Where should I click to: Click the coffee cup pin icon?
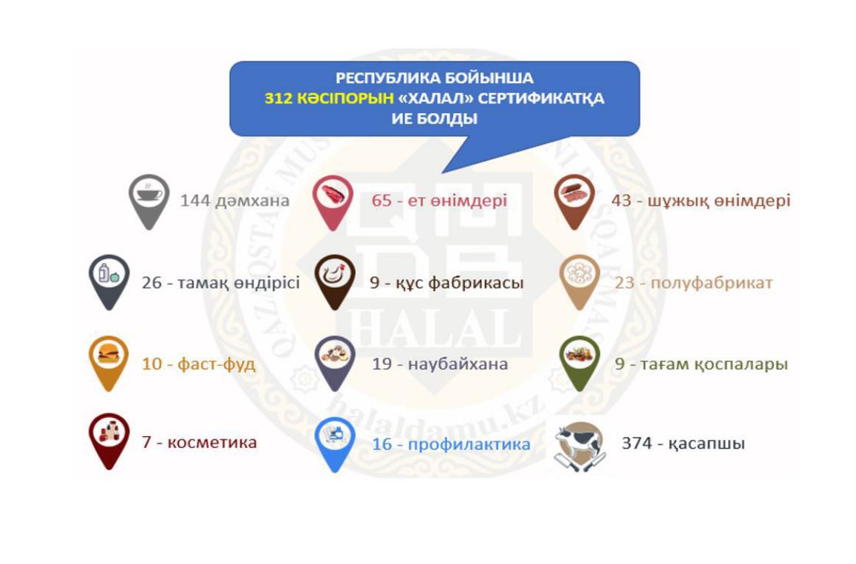(x=149, y=200)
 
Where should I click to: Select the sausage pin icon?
(x=574, y=200)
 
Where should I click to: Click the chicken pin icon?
(x=335, y=281)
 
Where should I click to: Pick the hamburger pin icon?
(x=109, y=362)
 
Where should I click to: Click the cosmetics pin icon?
(x=109, y=441)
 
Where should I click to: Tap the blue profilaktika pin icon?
(x=335, y=444)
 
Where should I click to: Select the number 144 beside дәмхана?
(x=195, y=200)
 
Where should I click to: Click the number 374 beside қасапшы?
(x=637, y=443)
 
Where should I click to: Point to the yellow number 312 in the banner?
(x=279, y=98)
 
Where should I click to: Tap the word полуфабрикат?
(x=711, y=283)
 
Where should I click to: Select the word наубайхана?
(x=457, y=364)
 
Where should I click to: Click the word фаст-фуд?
(x=216, y=364)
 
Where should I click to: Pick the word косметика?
(x=212, y=442)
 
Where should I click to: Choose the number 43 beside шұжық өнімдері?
(x=621, y=200)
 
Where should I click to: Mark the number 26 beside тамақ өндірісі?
(x=151, y=283)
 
